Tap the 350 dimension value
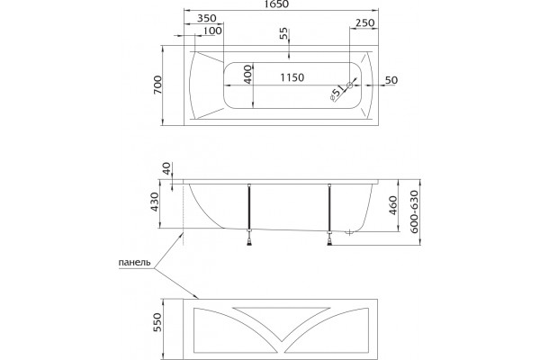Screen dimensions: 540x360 pos(207,18)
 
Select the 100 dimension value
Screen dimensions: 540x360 pos(212,31)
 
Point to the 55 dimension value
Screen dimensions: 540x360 pos(283,34)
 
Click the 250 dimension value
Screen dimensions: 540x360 pos(364,22)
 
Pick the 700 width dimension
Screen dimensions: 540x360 pos(157,85)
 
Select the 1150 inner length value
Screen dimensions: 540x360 pos(292,77)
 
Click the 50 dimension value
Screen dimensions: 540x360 pos(391,80)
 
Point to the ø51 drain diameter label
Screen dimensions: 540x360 pos(337,94)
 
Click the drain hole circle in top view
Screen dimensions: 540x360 pos(350,85)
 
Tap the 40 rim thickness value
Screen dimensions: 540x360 pos(166,168)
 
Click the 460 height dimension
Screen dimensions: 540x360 pos(393,206)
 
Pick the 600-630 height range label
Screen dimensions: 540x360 pos(414,211)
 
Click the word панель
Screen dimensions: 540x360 pos(135,263)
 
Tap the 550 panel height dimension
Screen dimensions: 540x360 pos(157,323)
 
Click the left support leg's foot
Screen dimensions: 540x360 pos(249,240)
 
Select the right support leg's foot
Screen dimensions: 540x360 pos(330,240)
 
